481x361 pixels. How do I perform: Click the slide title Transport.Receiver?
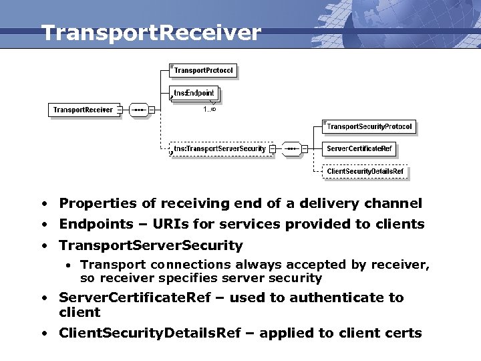pyautogui.click(x=150, y=33)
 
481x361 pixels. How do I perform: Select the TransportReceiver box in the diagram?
pyautogui.click(x=84, y=110)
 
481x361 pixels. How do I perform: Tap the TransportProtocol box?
pyautogui.click(x=204, y=70)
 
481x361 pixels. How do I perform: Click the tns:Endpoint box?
pyautogui.click(x=194, y=93)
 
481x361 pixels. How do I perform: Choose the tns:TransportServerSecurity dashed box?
pyautogui.click(x=220, y=148)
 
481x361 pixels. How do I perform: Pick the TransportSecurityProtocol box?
pyautogui.click(x=369, y=126)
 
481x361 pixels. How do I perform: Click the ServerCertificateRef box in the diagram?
pyautogui.click(x=359, y=148)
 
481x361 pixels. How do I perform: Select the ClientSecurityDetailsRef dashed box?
pyautogui.click(x=365, y=171)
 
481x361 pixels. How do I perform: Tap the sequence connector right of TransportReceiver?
pyautogui.click(x=139, y=110)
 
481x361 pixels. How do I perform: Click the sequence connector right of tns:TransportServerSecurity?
pyautogui.click(x=291, y=148)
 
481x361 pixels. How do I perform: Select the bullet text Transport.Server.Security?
pyautogui.click(x=151, y=245)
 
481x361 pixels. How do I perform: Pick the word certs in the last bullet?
pyautogui.click(x=403, y=333)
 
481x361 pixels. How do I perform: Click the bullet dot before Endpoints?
pyautogui.click(x=43, y=225)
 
